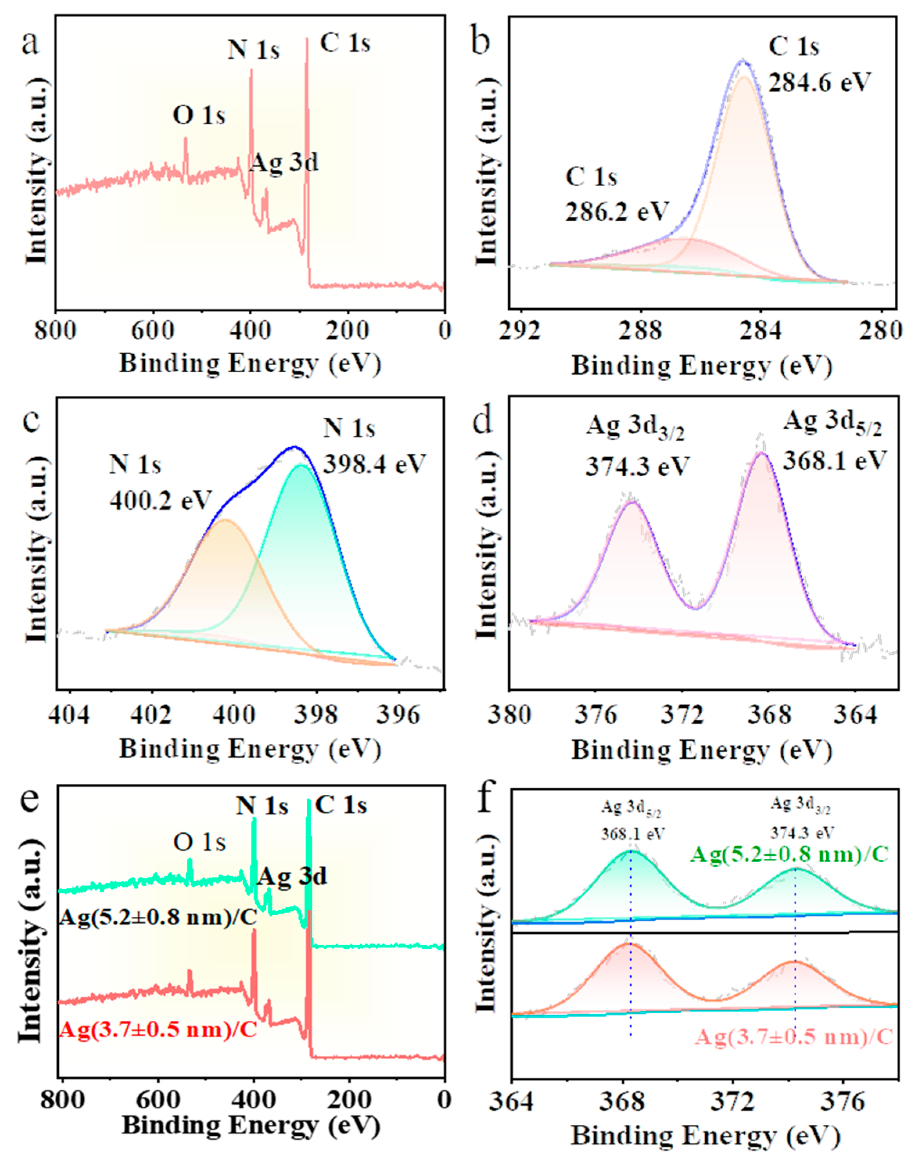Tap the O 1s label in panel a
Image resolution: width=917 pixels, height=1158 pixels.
[199, 115]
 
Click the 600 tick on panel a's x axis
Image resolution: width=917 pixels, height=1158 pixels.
[153, 330]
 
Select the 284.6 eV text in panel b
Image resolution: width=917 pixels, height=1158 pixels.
[819, 82]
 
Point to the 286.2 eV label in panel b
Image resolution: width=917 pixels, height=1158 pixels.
[617, 211]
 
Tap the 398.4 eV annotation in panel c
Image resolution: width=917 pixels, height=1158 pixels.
[374, 463]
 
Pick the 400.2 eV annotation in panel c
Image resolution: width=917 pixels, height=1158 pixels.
[161, 500]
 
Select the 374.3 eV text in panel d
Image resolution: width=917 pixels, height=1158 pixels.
[637, 466]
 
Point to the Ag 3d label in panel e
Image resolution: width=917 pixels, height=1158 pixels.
[291, 876]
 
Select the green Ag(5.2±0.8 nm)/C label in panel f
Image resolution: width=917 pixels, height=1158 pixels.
[789, 854]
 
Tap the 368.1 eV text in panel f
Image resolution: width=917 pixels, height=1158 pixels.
[633, 834]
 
